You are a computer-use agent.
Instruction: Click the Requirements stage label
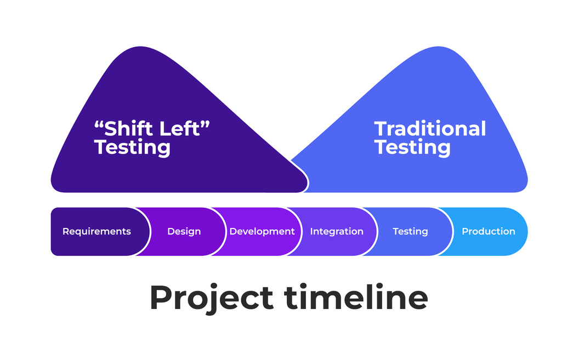pyautogui.click(x=96, y=231)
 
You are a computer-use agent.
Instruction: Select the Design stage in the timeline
pyautogui.click(x=184, y=231)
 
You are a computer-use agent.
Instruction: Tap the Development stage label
pyautogui.click(x=262, y=231)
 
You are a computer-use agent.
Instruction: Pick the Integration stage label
pyautogui.click(x=337, y=231)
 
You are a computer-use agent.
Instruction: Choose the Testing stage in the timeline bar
pyautogui.click(x=410, y=231)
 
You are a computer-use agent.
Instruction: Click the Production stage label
pyautogui.click(x=489, y=231)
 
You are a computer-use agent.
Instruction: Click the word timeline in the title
pyautogui.click(x=356, y=298)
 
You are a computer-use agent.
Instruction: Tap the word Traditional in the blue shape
pyautogui.click(x=430, y=129)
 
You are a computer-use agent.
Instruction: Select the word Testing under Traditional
pyautogui.click(x=412, y=147)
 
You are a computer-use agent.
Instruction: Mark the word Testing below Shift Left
pyautogui.click(x=132, y=147)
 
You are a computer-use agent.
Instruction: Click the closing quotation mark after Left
pyautogui.click(x=206, y=124)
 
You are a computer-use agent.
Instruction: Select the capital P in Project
pyautogui.click(x=160, y=298)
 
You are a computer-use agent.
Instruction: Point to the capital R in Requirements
pyautogui.click(x=66, y=231)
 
